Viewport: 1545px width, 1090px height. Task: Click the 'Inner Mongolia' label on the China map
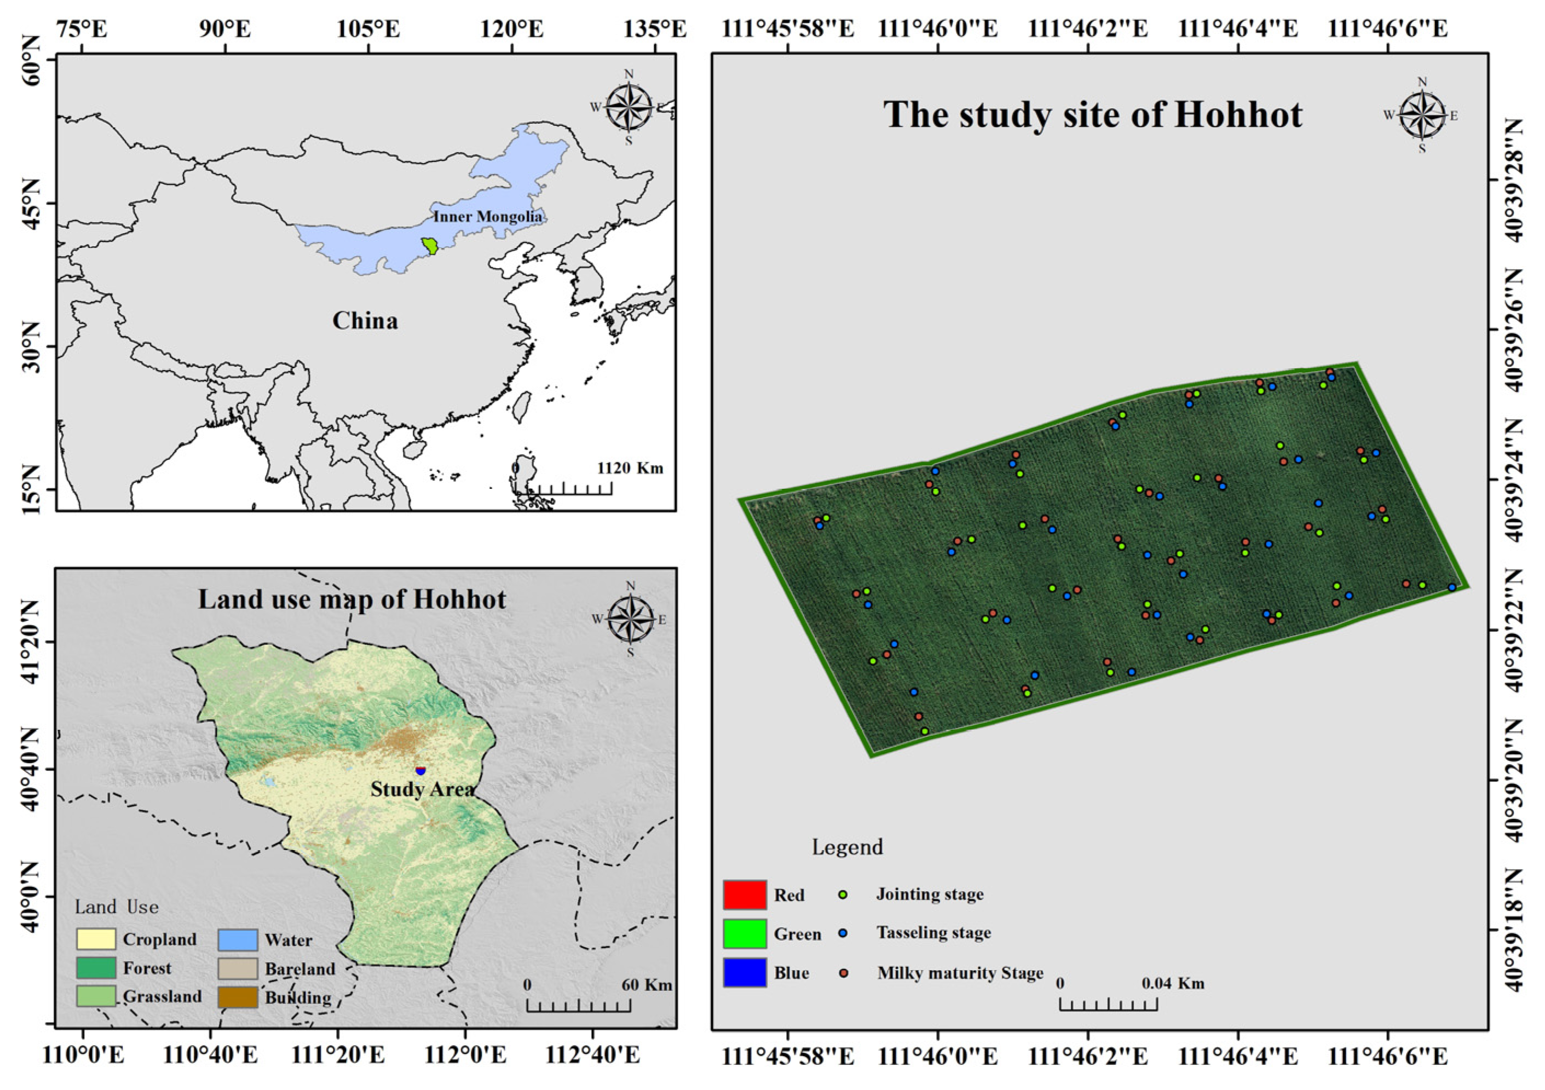click(487, 217)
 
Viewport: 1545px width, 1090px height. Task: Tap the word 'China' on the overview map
click(365, 320)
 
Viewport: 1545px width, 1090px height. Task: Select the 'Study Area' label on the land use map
click(422, 789)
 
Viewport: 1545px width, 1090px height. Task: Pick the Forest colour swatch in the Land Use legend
click(96, 967)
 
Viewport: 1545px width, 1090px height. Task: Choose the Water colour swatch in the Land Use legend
click(238, 939)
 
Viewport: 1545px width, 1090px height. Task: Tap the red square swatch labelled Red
click(744, 894)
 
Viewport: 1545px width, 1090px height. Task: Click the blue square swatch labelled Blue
click(744, 972)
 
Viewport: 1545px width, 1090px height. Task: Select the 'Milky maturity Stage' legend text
click(960, 973)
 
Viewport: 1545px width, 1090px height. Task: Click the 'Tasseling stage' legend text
click(933, 932)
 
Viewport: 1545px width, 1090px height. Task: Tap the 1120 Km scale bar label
click(630, 468)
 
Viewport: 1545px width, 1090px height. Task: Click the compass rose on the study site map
click(1422, 115)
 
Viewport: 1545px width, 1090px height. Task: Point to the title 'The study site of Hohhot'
click(1092, 114)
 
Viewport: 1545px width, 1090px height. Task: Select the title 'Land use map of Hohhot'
click(351, 599)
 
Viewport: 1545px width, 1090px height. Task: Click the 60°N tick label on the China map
click(32, 61)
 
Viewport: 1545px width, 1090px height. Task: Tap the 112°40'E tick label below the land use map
click(592, 1056)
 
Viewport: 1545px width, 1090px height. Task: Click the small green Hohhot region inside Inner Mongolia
click(429, 246)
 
